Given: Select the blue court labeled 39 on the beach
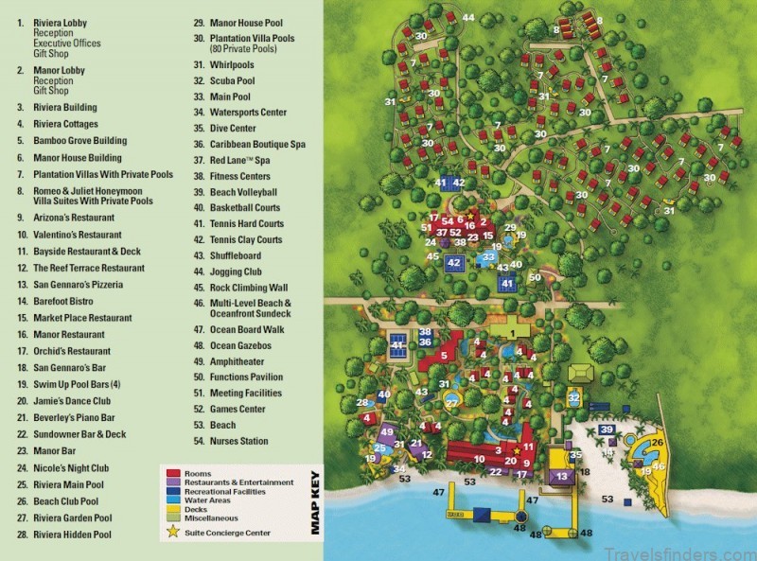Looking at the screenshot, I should (607, 431).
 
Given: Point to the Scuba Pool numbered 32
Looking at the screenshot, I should (574, 398).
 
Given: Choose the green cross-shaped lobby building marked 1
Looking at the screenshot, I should (512, 333).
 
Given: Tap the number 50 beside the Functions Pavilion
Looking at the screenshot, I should (535, 277).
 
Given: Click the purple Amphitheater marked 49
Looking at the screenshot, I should (386, 432).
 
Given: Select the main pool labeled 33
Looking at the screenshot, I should (488, 257).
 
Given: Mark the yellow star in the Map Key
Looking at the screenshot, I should (172, 533).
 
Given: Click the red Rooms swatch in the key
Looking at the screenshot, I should (173, 472).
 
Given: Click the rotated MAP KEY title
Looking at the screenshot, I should (316, 502).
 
